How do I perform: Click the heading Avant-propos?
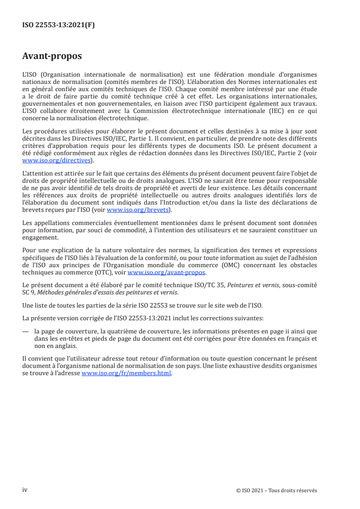52,56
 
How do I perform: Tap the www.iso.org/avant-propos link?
167,272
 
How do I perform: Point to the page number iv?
25,490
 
